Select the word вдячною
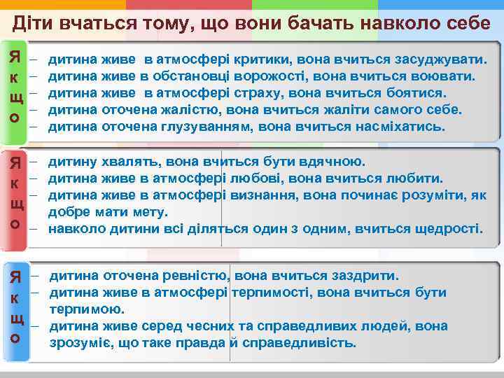point(330,162)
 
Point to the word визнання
point(266,195)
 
